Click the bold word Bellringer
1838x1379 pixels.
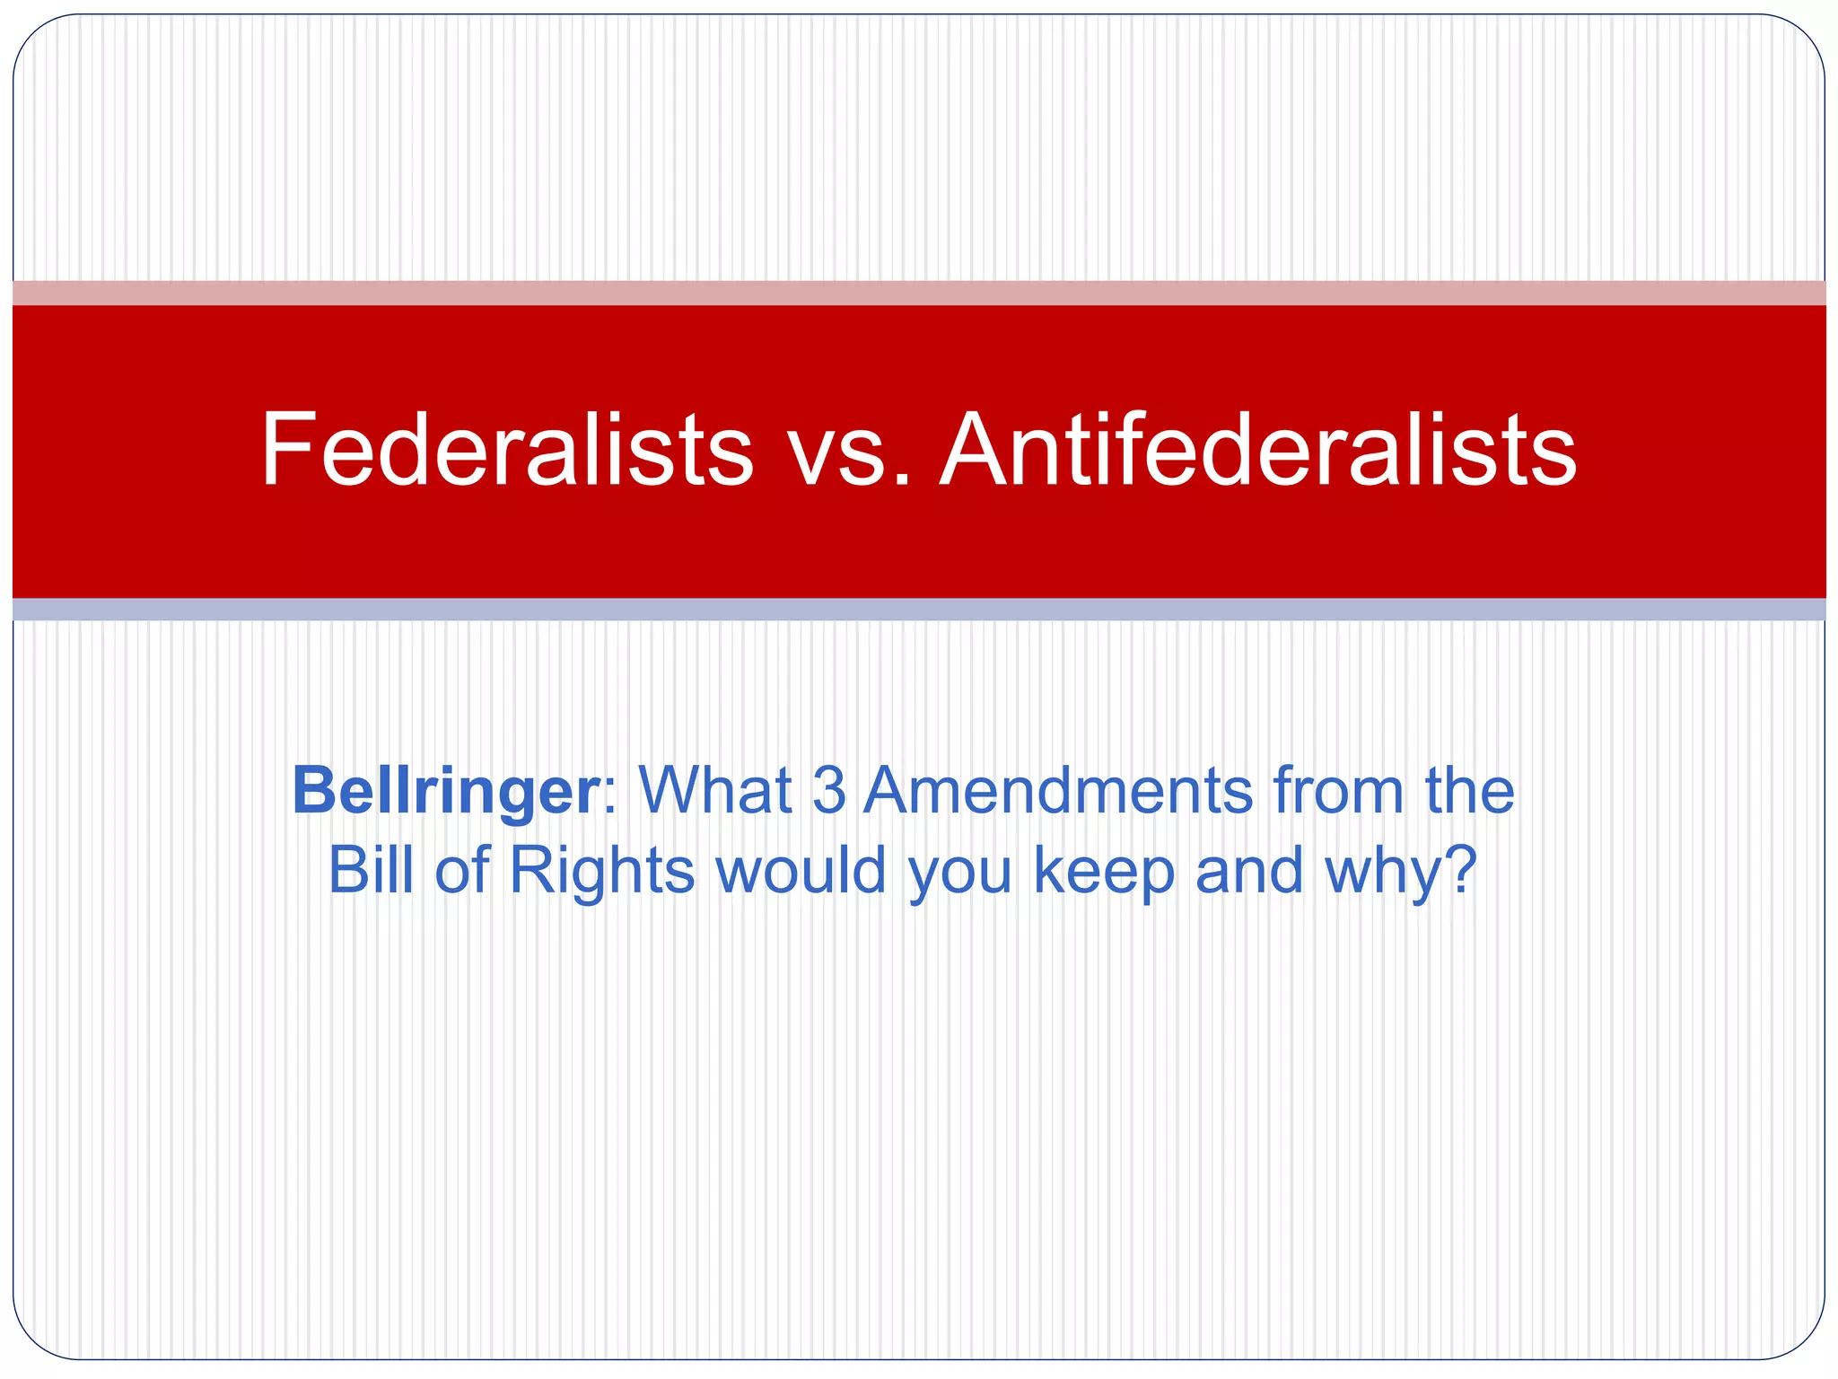click(x=445, y=792)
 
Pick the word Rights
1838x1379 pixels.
click(x=601, y=871)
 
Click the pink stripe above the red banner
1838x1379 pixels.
click(x=919, y=293)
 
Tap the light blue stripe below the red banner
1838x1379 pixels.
click(x=919, y=610)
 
